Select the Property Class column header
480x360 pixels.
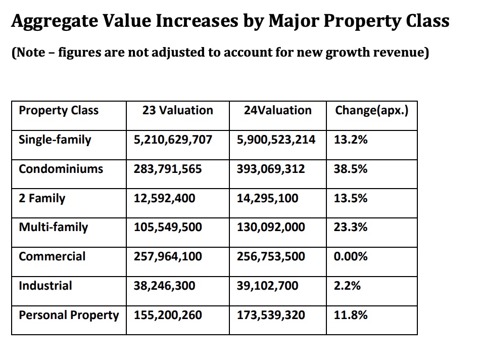coord(59,111)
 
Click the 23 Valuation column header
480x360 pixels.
coord(177,111)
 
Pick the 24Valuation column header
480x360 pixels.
coord(277,111)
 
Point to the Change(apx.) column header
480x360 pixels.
coord(371,111)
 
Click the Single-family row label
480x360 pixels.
coord(55,140)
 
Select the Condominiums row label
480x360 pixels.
coord(61,169)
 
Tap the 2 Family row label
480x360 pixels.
coord(42,198)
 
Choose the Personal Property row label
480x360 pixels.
coord(69,316)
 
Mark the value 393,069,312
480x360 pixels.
coord(271,169)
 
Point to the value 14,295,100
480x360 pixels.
coord(267,198)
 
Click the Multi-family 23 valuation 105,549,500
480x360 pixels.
coord(168,228)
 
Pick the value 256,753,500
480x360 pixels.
coord(271,256)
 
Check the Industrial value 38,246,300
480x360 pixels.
coord(164,286)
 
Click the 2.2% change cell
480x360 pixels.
coord(347,286)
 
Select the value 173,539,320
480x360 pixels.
coord(271,316)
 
